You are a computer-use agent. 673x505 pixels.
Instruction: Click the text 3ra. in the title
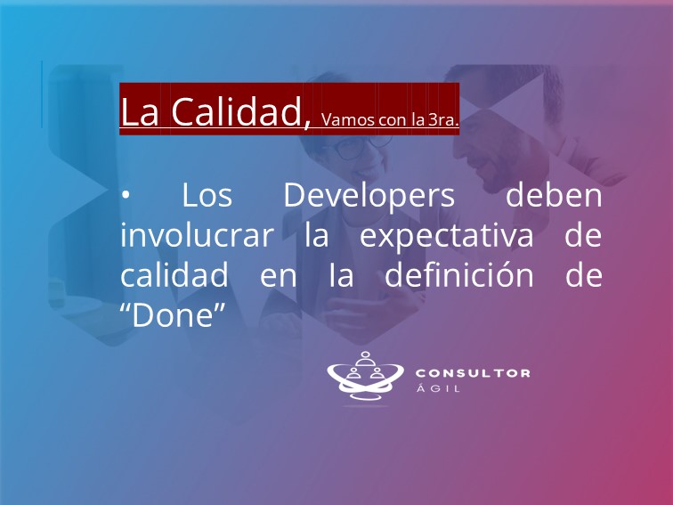[x=443, y=120]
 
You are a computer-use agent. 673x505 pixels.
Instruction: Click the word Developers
[x=369, y=195]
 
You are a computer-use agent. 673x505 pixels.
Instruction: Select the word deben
[x=554, y=194]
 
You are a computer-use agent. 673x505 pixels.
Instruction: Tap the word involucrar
[x=197, y=234]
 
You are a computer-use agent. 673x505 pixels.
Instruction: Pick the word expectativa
[x=446, y=236]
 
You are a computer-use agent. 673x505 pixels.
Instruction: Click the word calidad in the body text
[x=174, y=274]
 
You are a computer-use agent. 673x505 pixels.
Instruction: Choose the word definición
[x=458, y=274]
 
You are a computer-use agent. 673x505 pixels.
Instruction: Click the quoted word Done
[x=173, y=315]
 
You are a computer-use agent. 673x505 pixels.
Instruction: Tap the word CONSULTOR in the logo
[x=473, y=373]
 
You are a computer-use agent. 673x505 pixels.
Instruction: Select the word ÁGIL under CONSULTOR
[x=438, y=388]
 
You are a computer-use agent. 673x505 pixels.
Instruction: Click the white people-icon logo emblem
[x=365, y=376]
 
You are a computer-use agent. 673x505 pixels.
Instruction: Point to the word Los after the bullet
[x=207, y=195]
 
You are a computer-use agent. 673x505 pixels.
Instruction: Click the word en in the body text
[x=278, y=276]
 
